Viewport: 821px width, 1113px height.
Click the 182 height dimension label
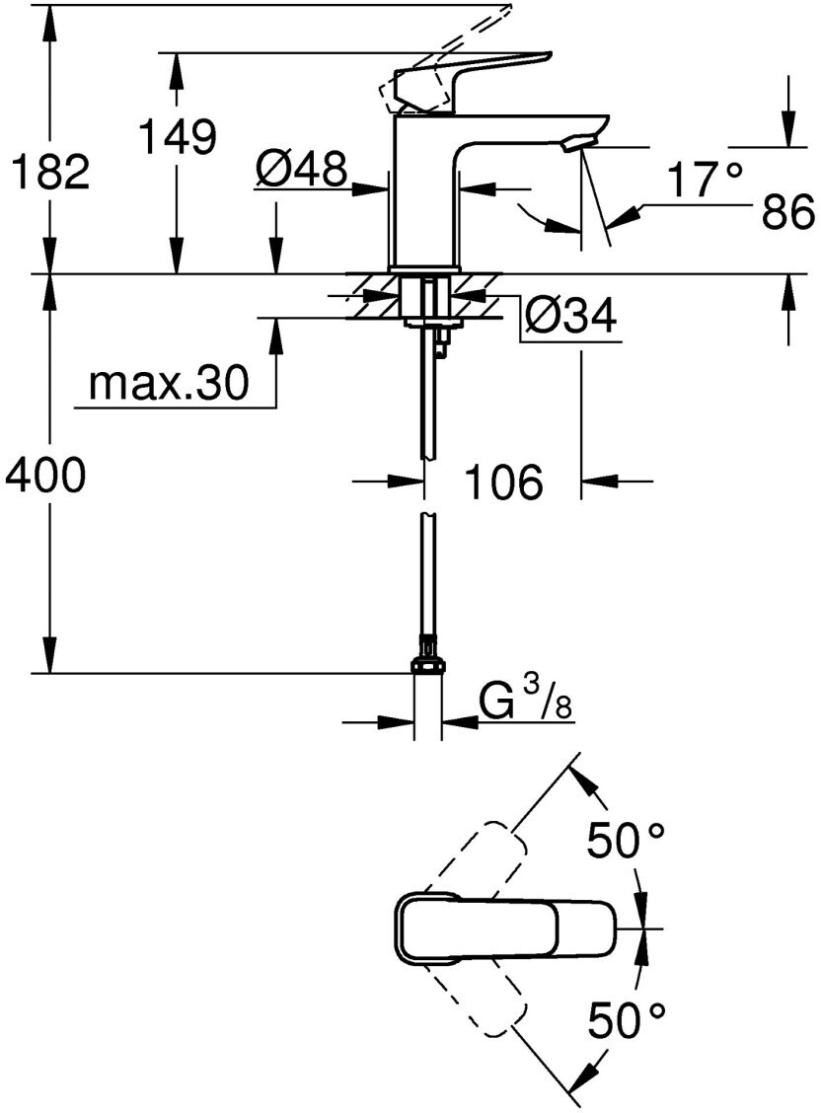pos(48,171)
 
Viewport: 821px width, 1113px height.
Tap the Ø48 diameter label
pos(302,169)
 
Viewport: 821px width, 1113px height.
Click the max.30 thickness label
pos(169,383)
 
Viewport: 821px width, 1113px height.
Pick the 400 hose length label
pos(45,475)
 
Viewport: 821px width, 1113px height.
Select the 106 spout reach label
pos(503,482)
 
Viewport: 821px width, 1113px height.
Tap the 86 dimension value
pos(787,211)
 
